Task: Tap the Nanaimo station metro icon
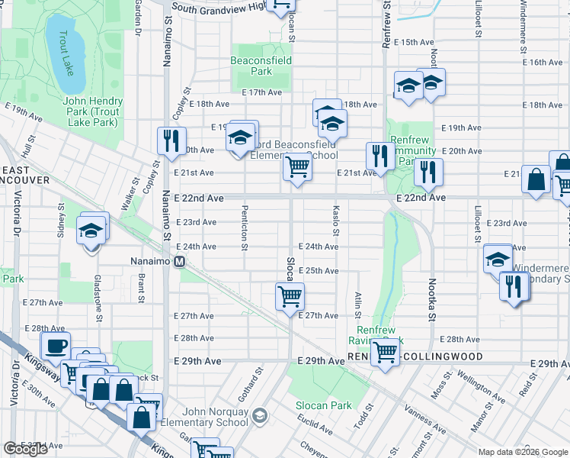click(x=181, y=262)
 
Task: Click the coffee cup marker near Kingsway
click(x=56, y=347)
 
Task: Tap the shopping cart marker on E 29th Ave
click(x=386, y=353)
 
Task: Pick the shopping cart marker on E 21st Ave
click(x=296, y=166)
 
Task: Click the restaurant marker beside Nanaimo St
click(x=170, y=140)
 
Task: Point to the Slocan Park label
click(x=324, y=405)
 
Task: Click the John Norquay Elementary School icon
click(x=260, y=416)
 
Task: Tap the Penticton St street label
click(x=245, y=226)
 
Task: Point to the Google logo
click(x=26, y=449)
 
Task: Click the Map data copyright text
click(x=522, y=452)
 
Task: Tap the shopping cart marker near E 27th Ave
click(x=290, y=295)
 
